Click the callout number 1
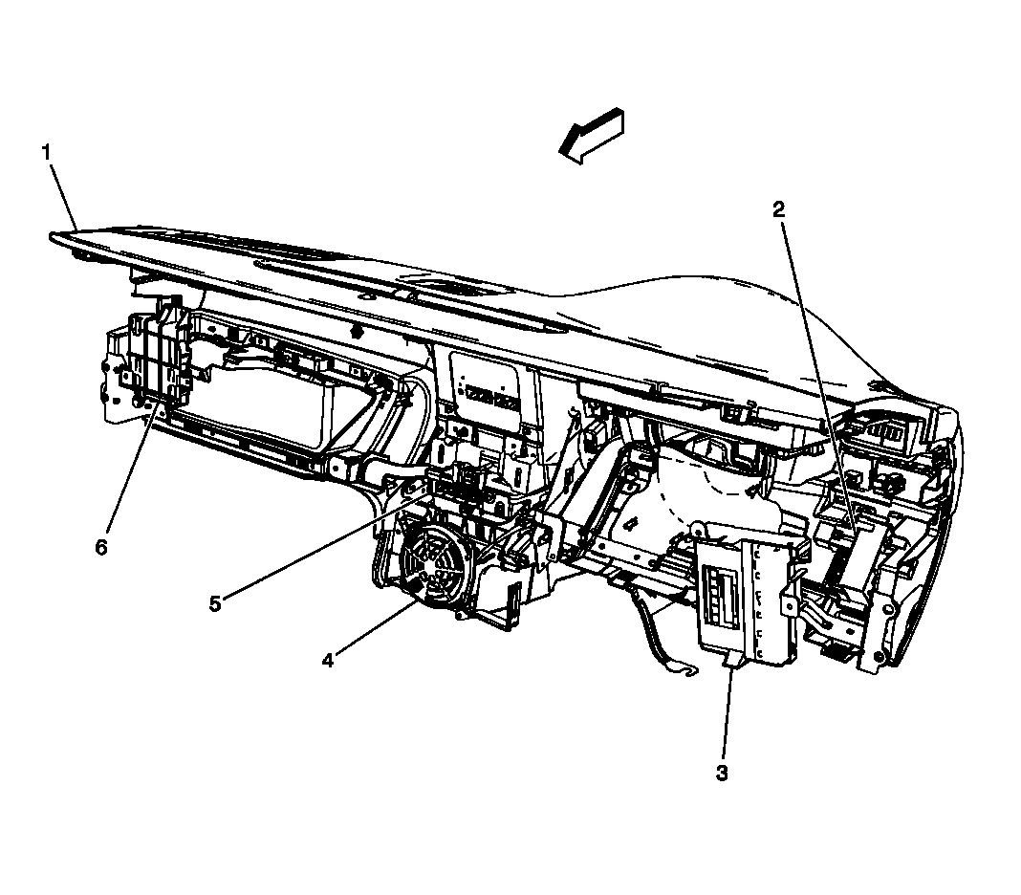tap(46, 151)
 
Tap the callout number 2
tap(779, 209)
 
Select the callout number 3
tap(722, 772)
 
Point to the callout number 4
tap(328, 660)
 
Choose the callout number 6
tap(101, 547)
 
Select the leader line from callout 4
tap(373, 631)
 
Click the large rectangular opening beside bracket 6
tap(258, 402)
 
